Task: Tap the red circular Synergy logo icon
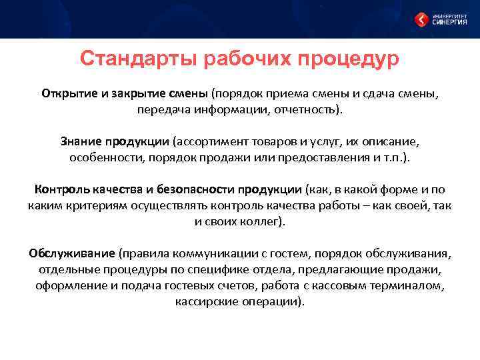click(x=421, y=19)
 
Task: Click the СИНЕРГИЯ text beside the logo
click(x=451, y=22)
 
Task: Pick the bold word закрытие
click(x=139, y=93)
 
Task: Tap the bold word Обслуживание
click(x=72, y=254)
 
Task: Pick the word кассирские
click(x=205, y=302)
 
